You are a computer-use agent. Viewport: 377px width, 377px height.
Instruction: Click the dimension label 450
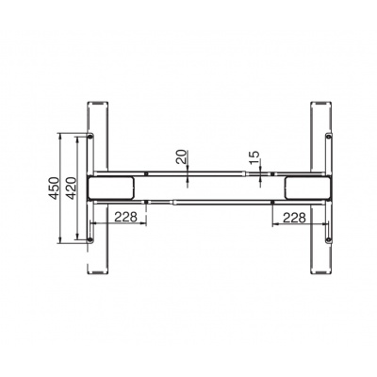point(55,188)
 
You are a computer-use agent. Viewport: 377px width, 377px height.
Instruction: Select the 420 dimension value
point(72,188)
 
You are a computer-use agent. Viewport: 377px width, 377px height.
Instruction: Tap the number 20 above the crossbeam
point(181,157)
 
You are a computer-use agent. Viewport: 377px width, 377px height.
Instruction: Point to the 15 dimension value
point(255,157)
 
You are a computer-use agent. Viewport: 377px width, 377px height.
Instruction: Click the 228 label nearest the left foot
point(125,217)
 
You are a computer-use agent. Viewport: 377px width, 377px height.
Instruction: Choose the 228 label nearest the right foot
point(294,218)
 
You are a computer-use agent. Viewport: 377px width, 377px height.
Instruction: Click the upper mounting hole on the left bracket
point(90,137)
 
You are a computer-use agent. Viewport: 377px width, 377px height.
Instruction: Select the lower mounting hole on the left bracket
point(90,240)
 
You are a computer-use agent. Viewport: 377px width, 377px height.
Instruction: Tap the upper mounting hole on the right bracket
point(329,137)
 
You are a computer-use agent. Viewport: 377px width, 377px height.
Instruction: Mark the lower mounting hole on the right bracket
point(329,240)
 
